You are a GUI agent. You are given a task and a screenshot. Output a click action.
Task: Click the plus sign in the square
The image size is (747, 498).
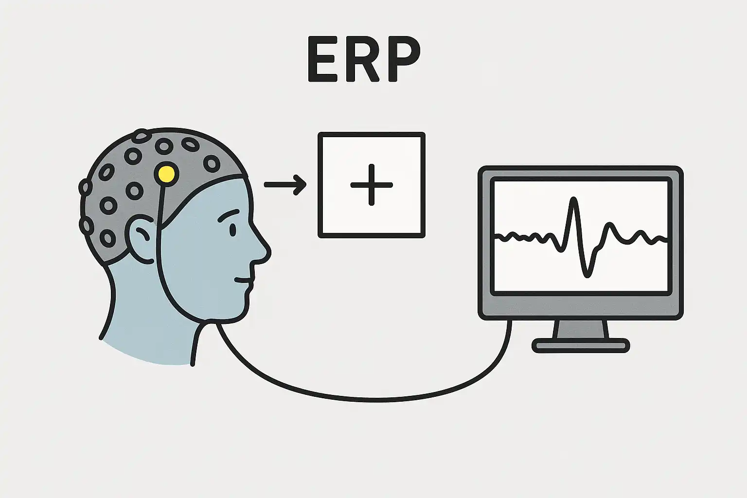371,185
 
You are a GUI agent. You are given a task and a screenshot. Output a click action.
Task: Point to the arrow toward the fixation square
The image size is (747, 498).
285,185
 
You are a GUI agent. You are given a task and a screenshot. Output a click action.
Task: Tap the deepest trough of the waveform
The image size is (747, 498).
588,275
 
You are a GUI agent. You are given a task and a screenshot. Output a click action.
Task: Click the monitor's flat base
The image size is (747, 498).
581,346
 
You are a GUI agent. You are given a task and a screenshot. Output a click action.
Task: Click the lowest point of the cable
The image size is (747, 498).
370,400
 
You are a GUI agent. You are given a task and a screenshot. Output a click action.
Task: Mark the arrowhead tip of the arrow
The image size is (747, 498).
306,185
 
